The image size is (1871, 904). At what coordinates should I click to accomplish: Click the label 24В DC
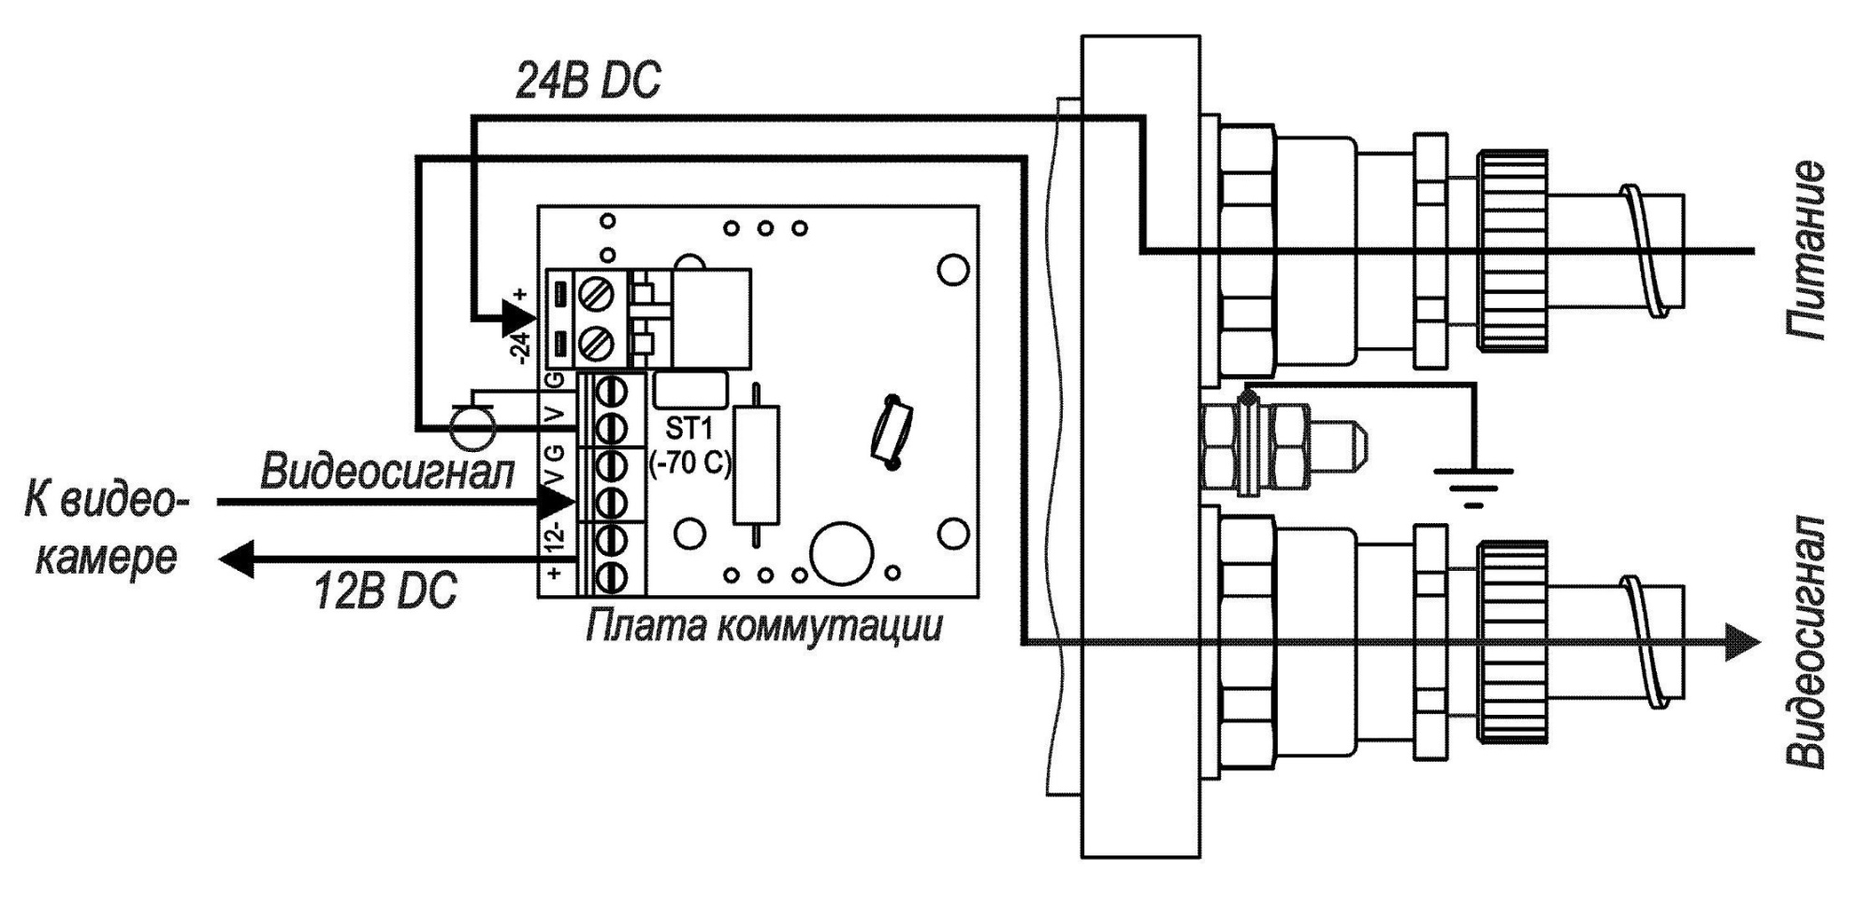(x=587, y=81)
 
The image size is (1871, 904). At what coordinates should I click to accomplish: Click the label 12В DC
(x=384, y=591)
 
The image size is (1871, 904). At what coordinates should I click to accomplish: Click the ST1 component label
(x=689, y=430)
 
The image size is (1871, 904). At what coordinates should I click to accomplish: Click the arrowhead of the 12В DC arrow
(x=237, y=559)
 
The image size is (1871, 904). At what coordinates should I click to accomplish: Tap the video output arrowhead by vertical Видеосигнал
(x=1742, y=642)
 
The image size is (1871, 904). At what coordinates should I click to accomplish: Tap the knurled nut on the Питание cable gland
(x=1511, y=251)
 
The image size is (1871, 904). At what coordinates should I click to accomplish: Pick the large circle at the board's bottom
(x=842, y=552)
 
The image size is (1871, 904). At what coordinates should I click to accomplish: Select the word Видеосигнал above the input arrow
(x=387, y=472)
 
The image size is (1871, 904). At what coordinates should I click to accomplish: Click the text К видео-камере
(x=106, y=529)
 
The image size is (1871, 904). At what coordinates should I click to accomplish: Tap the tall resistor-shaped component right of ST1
(x=756, y=464)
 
